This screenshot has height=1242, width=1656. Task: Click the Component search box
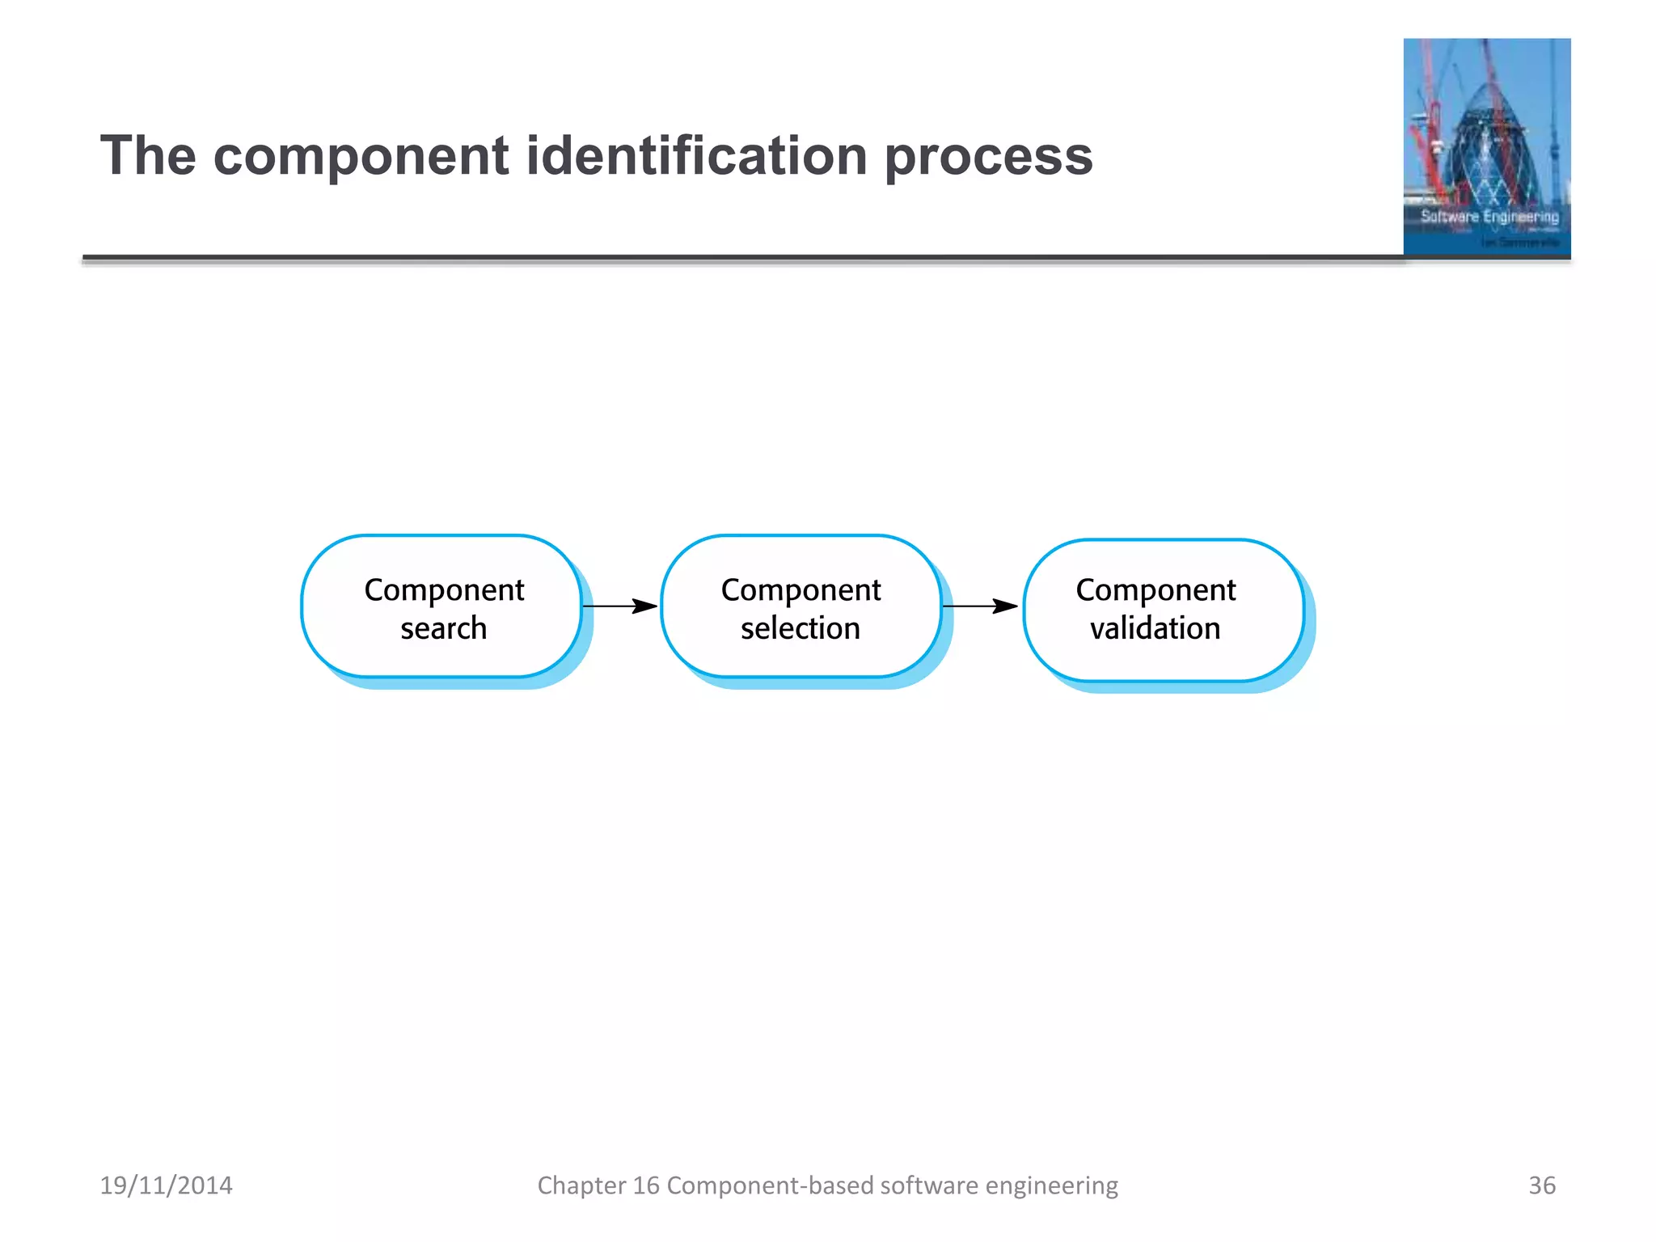coord(441,606)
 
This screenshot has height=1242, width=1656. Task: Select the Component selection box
coord(801,606)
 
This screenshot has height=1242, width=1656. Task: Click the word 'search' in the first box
coord(444,628)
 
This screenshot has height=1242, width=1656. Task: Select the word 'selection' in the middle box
coord(801,628)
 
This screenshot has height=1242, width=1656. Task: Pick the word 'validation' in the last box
coord(1155,628)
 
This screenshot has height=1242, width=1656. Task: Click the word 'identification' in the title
coord(696,155)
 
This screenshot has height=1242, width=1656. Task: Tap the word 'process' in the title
coord(988,155)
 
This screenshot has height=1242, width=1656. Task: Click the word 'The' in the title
coord(148,155)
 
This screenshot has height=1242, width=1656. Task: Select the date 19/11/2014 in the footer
coord(166,1185)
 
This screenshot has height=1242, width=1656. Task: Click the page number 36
coord(1541,1185)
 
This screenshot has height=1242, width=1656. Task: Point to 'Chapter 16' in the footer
coord(598,1185)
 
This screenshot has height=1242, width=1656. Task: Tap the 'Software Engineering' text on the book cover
coord(1489,217)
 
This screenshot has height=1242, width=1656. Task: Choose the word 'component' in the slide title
coord(361,155)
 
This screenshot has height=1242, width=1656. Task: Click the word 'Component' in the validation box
coord(1155,590)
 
